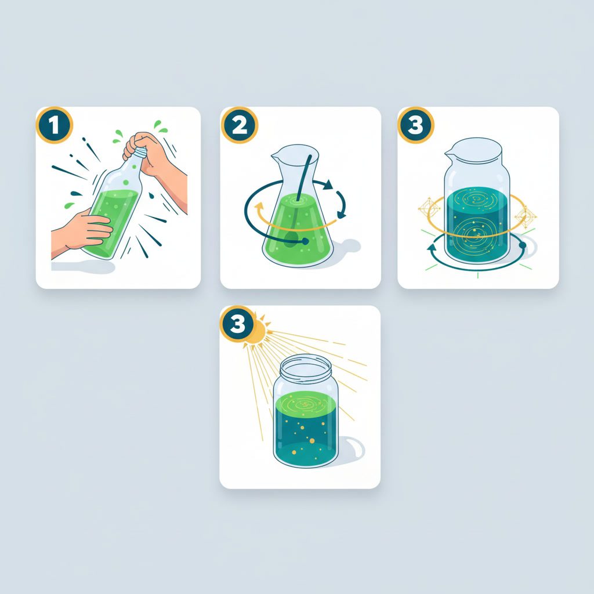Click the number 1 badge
click(x=54, y=125)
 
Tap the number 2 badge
click(x=238, y=125)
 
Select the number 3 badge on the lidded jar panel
click(x=415, y=125)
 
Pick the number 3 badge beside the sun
click(x=238, y=325)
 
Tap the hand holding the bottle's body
click(x=87, y=230)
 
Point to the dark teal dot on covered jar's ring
click(x=523, y=246)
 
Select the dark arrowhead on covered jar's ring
click(x=431, y=248)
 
